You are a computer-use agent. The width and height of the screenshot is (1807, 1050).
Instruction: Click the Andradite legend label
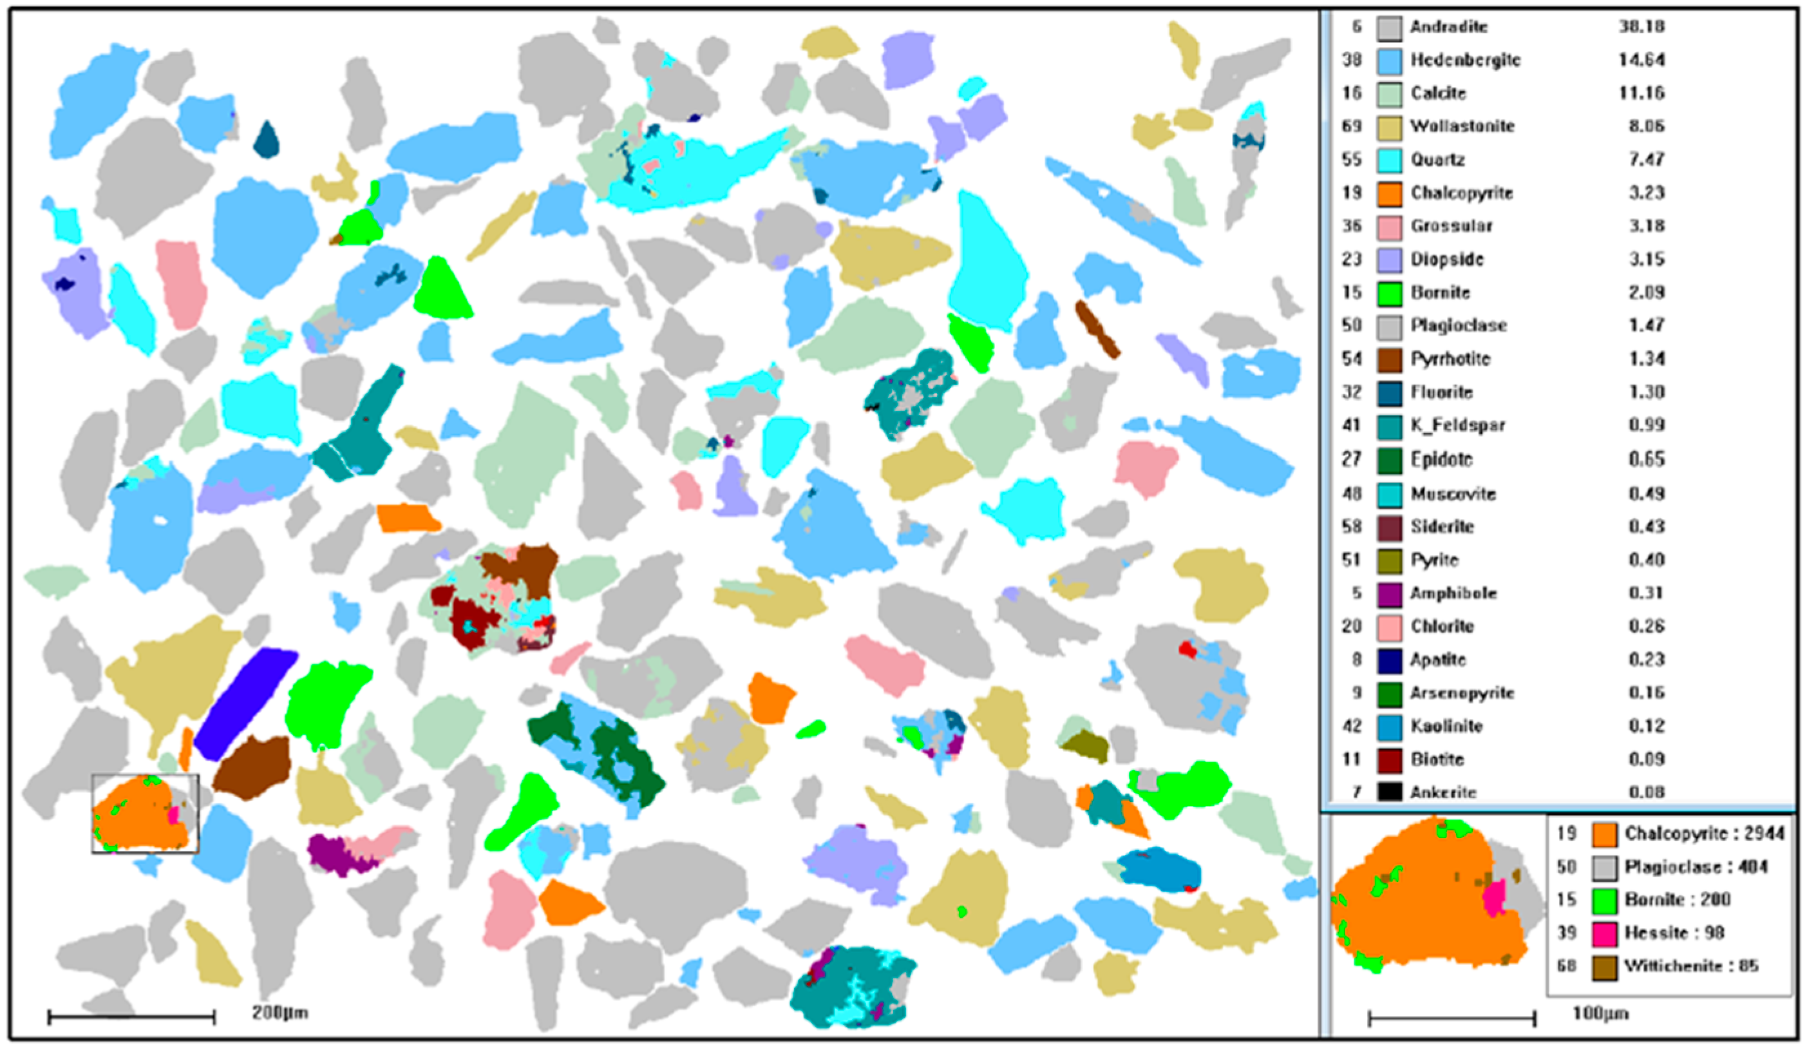pyautogui.click(x=1448, y=26)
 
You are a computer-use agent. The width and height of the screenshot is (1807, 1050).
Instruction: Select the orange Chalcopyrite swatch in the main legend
pyautogui.click(x=1389, y=194)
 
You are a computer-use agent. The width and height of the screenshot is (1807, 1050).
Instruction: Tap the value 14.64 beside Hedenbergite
pyautogui.click(x=1641, y=59)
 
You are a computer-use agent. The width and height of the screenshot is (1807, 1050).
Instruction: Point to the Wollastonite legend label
pyautogui.click(x=1462, y=126)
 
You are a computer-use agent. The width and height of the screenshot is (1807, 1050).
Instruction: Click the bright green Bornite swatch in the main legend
pyautogui.click(x=1389, y=293)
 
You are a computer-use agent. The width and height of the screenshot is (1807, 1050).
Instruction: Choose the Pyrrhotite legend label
pyautogui.click(x=1450, y=359)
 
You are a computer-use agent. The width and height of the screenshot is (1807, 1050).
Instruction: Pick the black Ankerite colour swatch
pyautogui.click(x=1389, y=792)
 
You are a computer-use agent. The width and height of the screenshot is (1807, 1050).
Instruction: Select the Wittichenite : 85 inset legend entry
pyautogui.click(x=1691, y=966)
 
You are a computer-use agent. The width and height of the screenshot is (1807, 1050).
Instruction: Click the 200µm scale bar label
pyautogui.click(x=279, y=1013)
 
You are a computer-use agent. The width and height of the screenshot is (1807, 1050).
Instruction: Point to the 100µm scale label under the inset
pyautogui.click(x=1600, y=1013)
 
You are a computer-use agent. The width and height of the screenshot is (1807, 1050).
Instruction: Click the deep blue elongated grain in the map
pyautogui.click(x=245, y=702)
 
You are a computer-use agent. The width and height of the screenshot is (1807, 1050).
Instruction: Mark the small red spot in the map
pyautogui.click(x=1187, y=650)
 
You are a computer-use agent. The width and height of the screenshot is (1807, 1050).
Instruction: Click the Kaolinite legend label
pyautogui.click(x=1446, y=726)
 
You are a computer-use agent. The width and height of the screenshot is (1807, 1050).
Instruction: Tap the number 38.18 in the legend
pyautogui.click(x=1641, y=26)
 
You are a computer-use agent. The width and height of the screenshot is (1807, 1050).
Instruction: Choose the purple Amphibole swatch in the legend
pyautogui.click(x=1389, y=594)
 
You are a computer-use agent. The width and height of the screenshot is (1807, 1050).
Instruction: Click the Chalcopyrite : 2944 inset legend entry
pyautogui.click(x=1703, y=834)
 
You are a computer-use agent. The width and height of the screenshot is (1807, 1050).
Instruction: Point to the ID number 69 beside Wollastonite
pyautogui.click(x=1352, y=126)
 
